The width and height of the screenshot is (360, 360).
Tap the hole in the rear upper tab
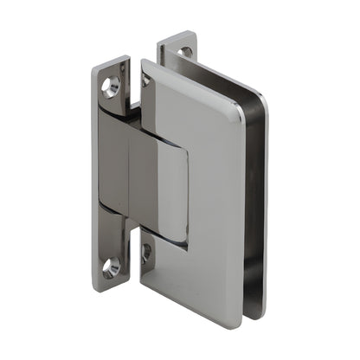[x=184, y=53]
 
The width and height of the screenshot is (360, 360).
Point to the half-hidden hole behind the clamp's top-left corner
[x=145, y=80]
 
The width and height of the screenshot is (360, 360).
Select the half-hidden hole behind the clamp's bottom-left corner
[x=146, y=252]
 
